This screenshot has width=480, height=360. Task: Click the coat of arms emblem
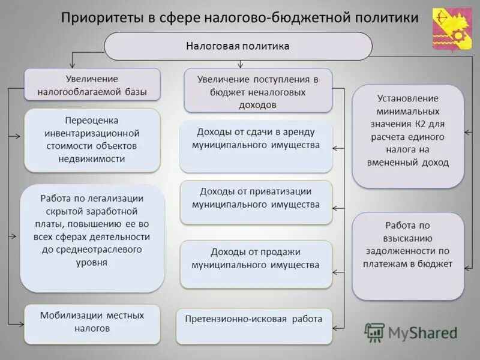pos(452,28)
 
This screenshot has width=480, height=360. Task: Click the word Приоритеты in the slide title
pos(102,18)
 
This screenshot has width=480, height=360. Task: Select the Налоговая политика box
pos(238,46)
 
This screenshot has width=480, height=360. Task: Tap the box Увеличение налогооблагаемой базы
pos(92,85)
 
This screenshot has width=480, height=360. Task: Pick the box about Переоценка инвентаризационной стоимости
pos(92,139)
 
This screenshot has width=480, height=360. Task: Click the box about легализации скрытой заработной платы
pos(92,238)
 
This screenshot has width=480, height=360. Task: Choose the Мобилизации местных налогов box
pos(92,323)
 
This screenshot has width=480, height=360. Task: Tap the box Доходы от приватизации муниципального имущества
pos(256,202)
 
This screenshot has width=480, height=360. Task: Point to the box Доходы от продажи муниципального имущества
pos(256,263)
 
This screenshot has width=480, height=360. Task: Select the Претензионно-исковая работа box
pos(254,326)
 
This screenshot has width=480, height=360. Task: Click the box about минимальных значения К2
pos(408,136)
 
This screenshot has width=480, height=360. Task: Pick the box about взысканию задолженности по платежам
pos(408,256)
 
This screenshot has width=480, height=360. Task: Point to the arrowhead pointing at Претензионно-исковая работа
pos(336,328)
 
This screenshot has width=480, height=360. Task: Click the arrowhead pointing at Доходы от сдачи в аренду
pos(337,148)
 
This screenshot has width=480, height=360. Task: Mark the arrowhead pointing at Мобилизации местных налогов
pos(20,323)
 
